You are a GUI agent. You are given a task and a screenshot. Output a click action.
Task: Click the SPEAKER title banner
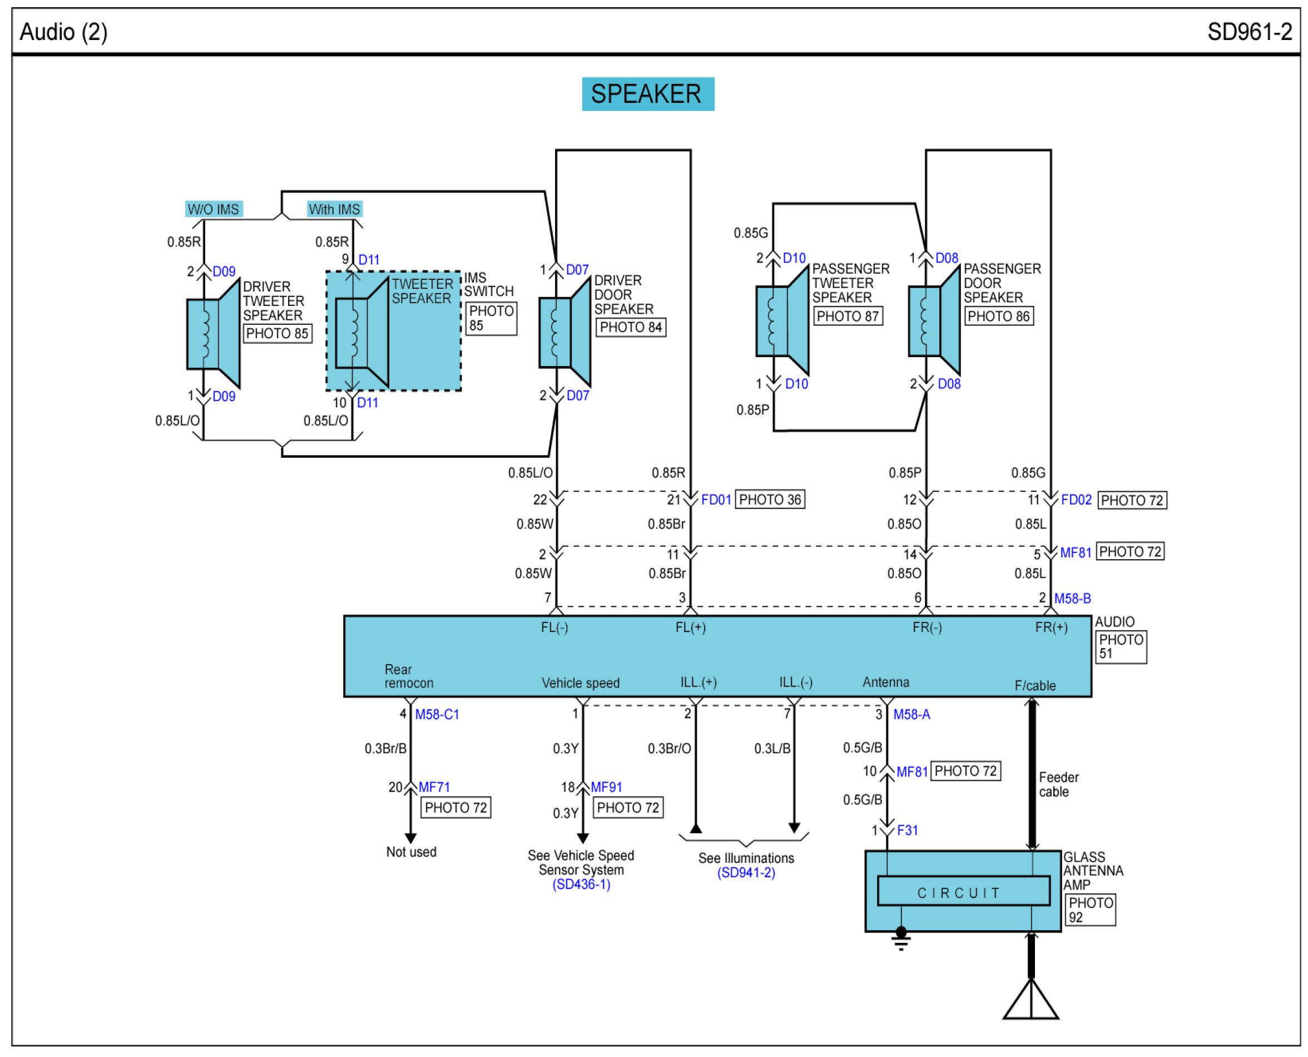(x=648, y=94)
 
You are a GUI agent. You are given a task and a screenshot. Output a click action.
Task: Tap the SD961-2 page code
(x=1250, y=32)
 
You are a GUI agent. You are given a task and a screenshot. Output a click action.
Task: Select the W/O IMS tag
(x=214, y=209)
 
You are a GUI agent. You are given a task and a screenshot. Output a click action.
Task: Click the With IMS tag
(x=334, y=209)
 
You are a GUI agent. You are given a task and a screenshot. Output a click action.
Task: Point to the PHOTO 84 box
(x=631, y=328)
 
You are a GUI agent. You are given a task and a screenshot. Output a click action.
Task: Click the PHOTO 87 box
(x=848, y=317)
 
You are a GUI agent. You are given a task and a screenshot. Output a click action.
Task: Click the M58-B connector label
(x=1072, y=599)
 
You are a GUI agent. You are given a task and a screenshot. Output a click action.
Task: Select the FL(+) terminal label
(x=690, y=627)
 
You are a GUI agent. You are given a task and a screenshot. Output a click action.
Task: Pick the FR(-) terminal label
(x=927, y=627)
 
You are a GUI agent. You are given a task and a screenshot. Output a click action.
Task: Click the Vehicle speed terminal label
(x=581, y=683)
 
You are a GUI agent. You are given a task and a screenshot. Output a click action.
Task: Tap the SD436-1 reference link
(x=581, y=885)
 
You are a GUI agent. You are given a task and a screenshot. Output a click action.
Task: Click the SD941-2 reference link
(x=746, y=873)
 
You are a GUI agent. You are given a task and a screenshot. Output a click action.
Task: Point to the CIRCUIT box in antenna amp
(x=964, y=891)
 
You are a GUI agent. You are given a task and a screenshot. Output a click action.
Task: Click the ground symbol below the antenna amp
(x=901, y=939)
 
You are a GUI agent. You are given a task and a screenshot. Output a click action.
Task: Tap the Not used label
(x=412, y=852)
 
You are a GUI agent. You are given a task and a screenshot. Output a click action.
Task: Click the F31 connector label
(x=908, y=830)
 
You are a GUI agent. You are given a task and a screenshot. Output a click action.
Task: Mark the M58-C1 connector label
(x=437, y=714)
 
